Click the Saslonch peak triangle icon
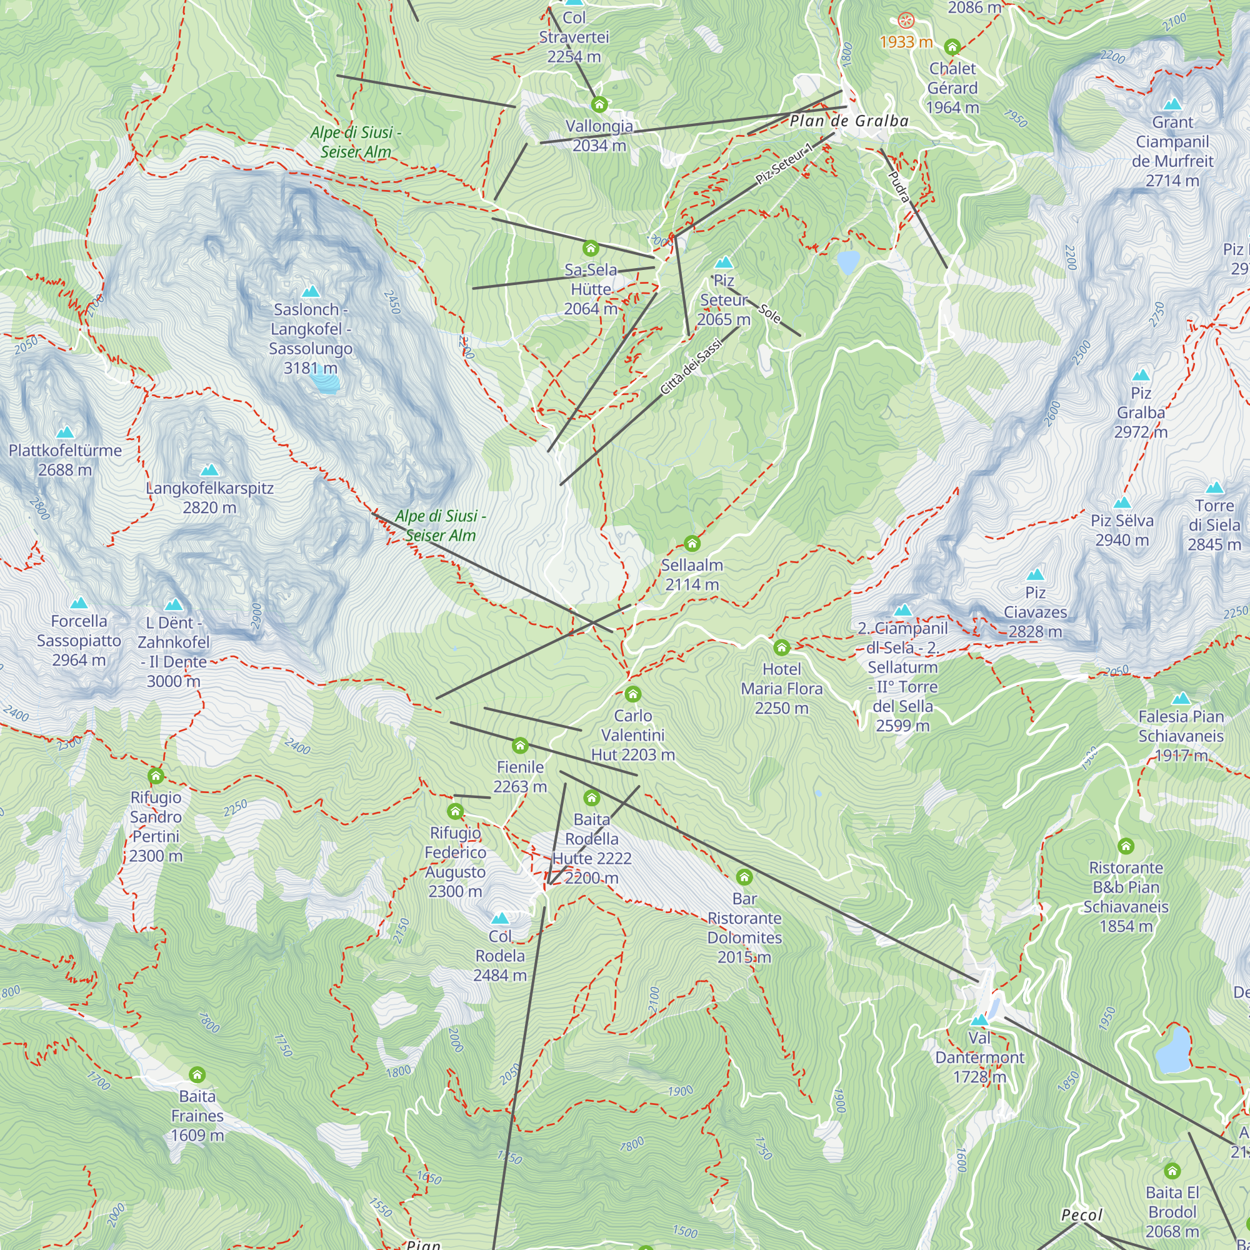311,292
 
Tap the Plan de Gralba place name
849,121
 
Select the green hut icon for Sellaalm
692,544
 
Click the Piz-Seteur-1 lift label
784,164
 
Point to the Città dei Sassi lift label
691,367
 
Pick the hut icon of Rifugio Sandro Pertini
155,776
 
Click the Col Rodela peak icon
499,919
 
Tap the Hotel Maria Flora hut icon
782,647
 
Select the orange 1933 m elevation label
906,42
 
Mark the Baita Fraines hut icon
197,1074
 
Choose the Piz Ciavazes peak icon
1035,574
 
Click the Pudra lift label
899,186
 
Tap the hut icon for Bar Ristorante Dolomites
744,877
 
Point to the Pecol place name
1081,1215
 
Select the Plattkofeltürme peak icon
65,433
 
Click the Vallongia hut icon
599,104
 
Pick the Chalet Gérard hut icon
952,47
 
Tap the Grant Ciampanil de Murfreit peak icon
1172,104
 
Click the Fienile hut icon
519,746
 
